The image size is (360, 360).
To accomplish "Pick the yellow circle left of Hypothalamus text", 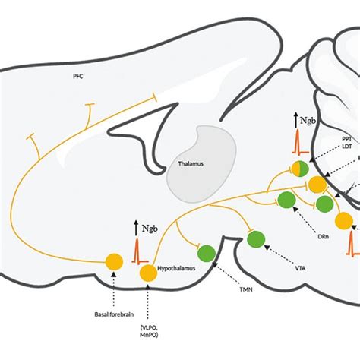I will (x=147, y=271).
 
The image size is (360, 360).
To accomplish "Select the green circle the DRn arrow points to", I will (x=286, y=200).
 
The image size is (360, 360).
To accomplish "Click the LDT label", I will (x=346, y=147).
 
